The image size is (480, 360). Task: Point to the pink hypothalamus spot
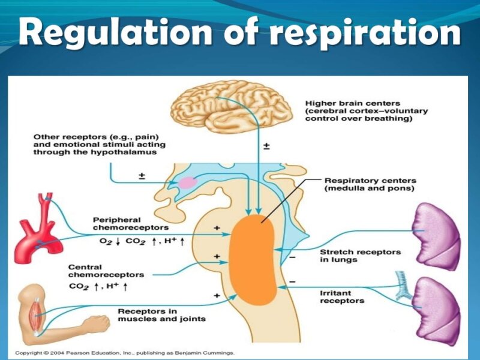click(x=187, y=183)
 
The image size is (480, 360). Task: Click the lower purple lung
click(x=436, y=304)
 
